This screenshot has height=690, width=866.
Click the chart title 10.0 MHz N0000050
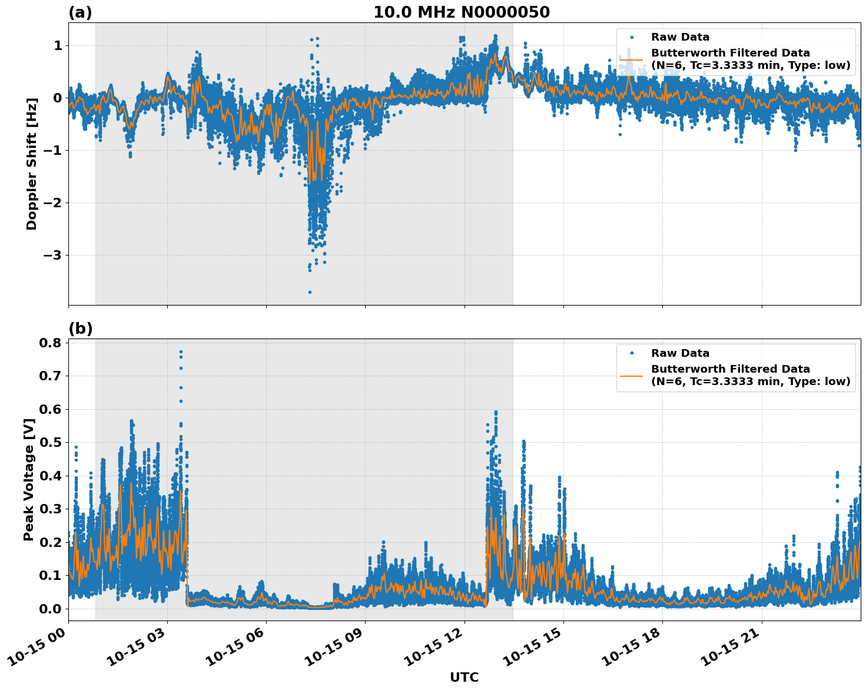pyautogui.click(x=462, y=12)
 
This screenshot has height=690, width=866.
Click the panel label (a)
pyautogui.click(x=80, y=12)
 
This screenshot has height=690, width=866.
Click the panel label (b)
pyautogui.click(x=80, y=329)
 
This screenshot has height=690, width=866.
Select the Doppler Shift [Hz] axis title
pyautogui.click(x=32, y=164)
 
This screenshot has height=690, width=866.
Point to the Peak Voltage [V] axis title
pyautogui.click(x=29, y=479)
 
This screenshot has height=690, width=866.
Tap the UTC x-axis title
pyautogui.click(x=464, y=677)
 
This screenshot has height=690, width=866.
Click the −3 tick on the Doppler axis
pyautogui.click(x=52, y=256)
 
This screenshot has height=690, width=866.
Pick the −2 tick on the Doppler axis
pyautogui.click(x=52, y=203)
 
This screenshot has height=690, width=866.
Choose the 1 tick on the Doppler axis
pyautogui.click(x=58, y=46)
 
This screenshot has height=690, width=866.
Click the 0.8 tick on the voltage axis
pyautogui.click(x=51, y=343)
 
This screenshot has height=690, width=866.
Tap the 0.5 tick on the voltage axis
pyautogui.click(x=51, y=442)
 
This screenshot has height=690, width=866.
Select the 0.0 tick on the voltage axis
pyautogui.click(x=51, y=609)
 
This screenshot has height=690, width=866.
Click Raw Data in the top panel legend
pyautogui.click(x=680, y=38)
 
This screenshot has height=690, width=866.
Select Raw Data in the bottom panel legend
pyautogui.click(x=680, y=353)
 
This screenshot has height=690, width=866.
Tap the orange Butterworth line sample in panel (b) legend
pyautogui.click(x=631, y=376)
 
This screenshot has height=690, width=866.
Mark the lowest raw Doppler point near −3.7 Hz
pyautogui.click(x=310, y=292)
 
